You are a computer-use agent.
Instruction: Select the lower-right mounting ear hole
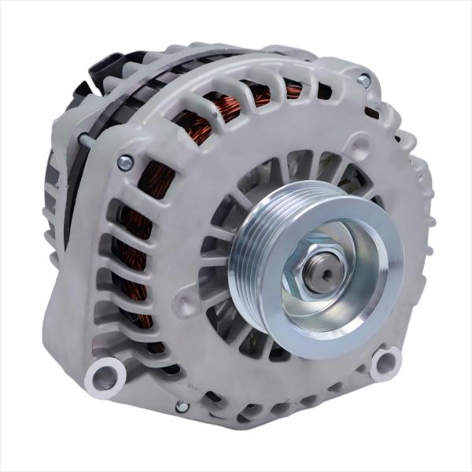385,361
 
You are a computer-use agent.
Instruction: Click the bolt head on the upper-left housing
124,163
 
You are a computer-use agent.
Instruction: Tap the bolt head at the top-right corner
363,80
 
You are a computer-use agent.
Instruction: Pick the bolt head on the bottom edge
182,406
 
